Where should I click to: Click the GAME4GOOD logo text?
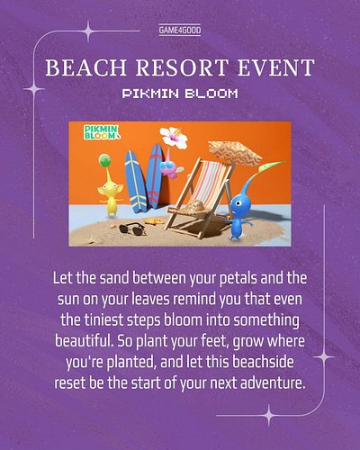[180, 30]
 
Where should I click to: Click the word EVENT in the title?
[276, 67]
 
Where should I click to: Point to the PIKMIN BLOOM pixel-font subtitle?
[180, 94]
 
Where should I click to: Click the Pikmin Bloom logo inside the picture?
[102, 132]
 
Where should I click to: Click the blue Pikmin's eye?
[238, 203]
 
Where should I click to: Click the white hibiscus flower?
[174, 138]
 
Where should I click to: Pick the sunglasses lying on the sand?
[132, 229]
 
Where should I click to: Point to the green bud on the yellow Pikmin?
[104, 160]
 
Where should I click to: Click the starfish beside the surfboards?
[154, 221]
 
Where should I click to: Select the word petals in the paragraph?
[238, 278]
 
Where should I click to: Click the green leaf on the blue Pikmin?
[272, 167]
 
